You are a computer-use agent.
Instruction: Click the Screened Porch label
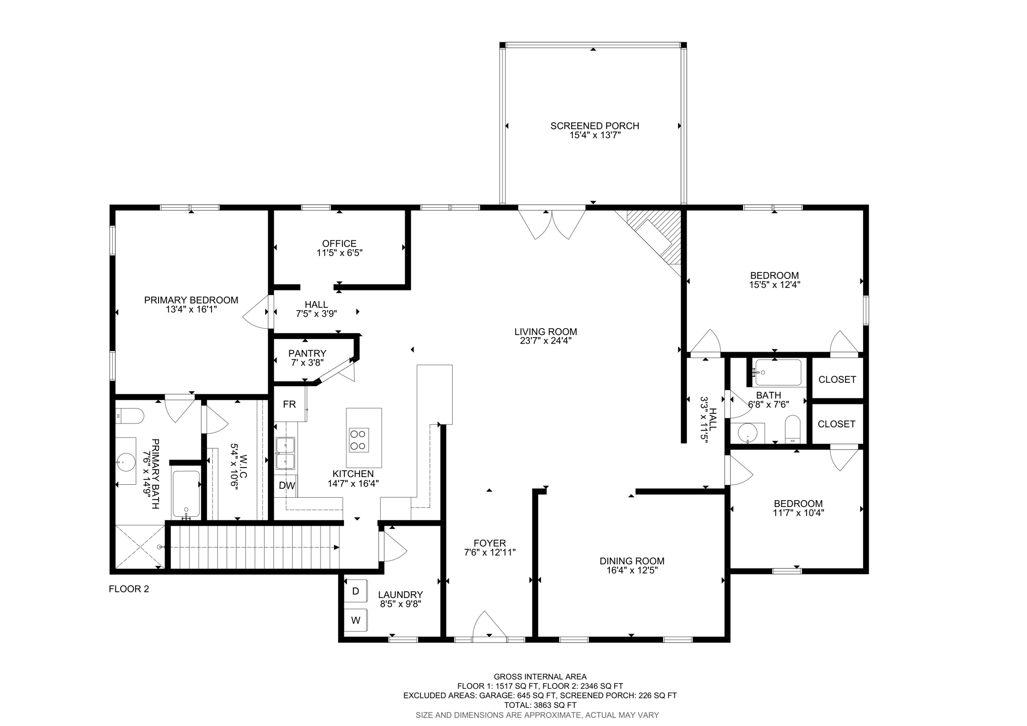pyautogui.click(x=594, y=126)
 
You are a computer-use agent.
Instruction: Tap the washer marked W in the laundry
pyautogui.click(x=356, y=620)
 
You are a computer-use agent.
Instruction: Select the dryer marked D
pyautogui.click(x=356, y=591)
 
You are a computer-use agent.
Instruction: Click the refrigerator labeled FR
pyautogui.click(x=290, y=404)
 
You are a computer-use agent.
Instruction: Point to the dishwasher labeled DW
pyautogui.click(x=286, y=486)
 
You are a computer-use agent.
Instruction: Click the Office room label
pyautogui.click(x=339, y=244)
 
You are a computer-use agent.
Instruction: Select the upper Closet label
pyautogui.click(x=837, y=380)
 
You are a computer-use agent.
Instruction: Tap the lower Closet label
pyautogui.click(x=836, y=424)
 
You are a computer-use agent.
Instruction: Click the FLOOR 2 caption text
pyautogui.click(x=129, y=589)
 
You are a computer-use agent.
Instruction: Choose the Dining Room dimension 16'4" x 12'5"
pyautogui.click(x=632, y=570)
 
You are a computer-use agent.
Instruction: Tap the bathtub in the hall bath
pyautogui.click(x=778, y=373)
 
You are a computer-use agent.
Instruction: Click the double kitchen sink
pyautogui.click(x=285, y=453)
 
